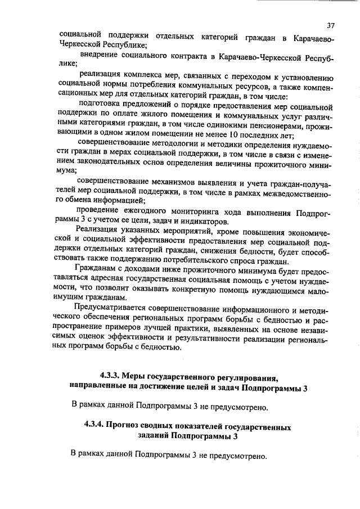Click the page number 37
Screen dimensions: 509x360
[330, 25]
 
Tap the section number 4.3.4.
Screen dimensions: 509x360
[94, 427]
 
